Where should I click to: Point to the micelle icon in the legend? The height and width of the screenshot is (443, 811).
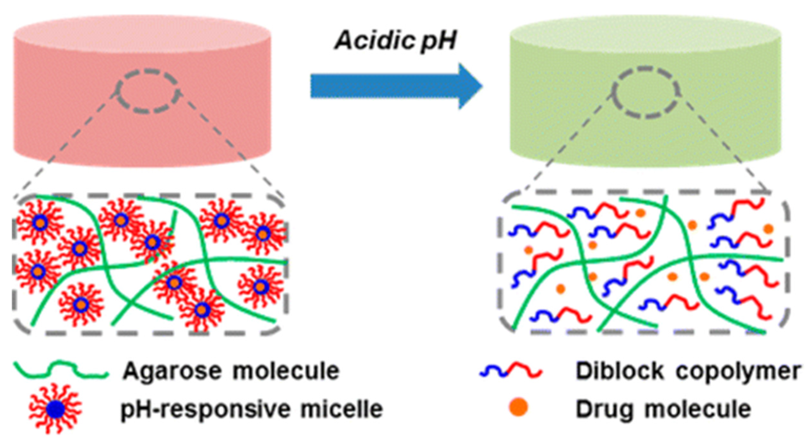55,409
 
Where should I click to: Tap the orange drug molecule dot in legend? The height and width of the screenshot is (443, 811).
518,407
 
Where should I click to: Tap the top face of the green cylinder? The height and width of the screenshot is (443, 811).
645,30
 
